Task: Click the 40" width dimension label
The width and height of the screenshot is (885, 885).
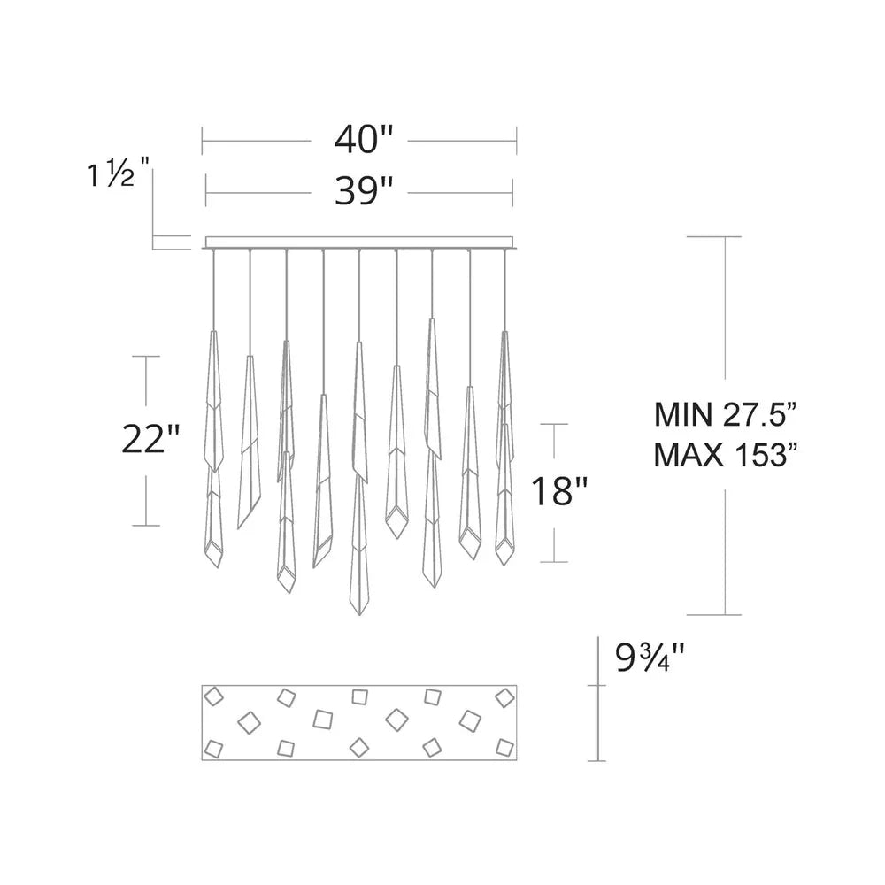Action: (x=363, y=140)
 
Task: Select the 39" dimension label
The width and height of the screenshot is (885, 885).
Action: (x=363, y=188)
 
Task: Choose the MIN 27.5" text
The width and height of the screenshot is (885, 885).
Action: (x=727, y=414)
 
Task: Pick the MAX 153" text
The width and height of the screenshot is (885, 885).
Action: (x=727, y=456)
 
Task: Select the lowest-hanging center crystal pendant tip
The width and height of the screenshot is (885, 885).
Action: (x=358, y=611)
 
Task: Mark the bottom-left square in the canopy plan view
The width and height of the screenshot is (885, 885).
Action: (x=213, y=748)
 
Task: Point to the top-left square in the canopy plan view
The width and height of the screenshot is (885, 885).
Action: (x=213, y=697)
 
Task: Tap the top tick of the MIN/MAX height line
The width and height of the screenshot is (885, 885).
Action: (x=727, y=237)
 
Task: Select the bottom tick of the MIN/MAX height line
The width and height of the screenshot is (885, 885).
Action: (x=727, y=614)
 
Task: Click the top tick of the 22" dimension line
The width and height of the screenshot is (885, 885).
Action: (x=146, y=356)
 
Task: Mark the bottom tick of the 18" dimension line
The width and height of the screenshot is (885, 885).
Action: (x=554, y=561)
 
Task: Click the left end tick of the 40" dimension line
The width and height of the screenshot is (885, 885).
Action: (x=203, y=140)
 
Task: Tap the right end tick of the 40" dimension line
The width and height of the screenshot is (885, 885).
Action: (x=517, y=140)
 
